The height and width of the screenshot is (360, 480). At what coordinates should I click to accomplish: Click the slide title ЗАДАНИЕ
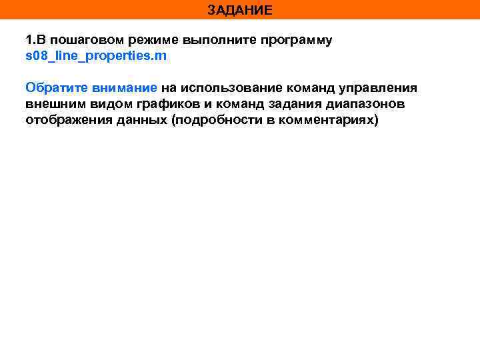(239, 10)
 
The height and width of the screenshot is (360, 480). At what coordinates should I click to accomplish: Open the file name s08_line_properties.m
(96, 56)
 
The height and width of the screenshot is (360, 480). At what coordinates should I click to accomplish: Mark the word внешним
(53, 104)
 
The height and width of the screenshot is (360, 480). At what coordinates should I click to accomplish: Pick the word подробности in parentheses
(215, 120)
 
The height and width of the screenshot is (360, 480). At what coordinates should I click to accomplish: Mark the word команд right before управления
(313, 88)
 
